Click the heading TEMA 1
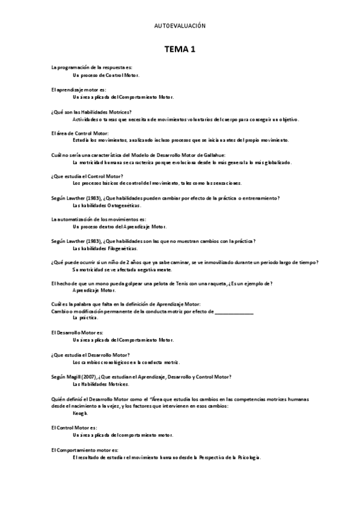[x=180, y=50]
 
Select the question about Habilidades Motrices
[x=92, y=112]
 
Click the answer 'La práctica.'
[x=85, y=318]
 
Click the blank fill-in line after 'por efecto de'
[x=234, y=311]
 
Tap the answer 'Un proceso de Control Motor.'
[x=106, y=75]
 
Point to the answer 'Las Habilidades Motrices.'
[x=101, y=384]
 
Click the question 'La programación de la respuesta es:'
[x=92, y=68]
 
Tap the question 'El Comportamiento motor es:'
[x=85, y=450]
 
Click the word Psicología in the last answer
[x=249, y=458]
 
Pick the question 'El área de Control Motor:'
[x=81, y=133]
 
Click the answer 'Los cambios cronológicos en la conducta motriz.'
[x=126, y=363]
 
